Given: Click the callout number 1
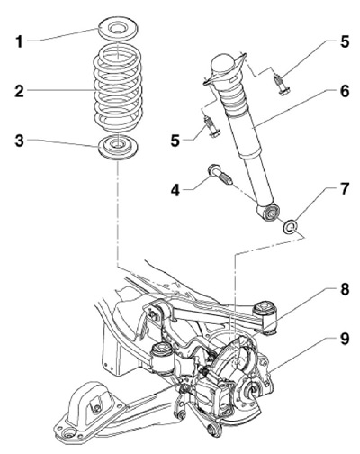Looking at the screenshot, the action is (x=19, y=41).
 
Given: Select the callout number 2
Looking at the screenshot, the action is (x=19, y=91).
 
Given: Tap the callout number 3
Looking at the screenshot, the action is (x=19, y=141).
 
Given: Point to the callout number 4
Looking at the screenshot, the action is (x=175, y=190).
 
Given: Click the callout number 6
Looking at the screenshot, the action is (x=345, y=91).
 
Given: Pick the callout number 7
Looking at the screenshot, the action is (x=345, y=188).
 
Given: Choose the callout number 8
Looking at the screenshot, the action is (x=345, y=289).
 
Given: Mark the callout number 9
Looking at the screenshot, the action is (x=345, y=339).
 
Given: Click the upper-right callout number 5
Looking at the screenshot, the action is (x=345, y=41).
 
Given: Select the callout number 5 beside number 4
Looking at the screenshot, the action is (x=175, y=141).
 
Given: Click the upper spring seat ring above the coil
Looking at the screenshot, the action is (x=118, y=30).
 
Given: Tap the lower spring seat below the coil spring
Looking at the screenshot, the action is (x=119, y=147).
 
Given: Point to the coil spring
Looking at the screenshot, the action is (x=118, y=89).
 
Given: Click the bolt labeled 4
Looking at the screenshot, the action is (x=220, y=175).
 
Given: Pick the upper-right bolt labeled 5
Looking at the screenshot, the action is (x=280, y=84).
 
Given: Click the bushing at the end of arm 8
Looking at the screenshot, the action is (x=266, y=318).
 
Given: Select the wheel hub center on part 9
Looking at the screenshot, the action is (x=251, y=390).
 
